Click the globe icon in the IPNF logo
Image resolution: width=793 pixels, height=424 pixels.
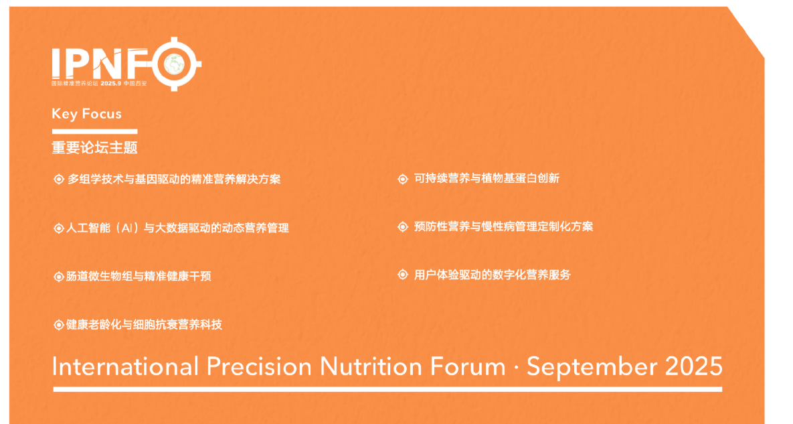click(x=175, y=64)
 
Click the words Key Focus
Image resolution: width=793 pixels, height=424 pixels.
click(x=86, y=114)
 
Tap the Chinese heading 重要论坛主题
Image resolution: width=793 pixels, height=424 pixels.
click(x=94, y=148)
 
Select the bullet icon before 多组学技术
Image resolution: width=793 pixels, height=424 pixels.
click(x=59, y=179)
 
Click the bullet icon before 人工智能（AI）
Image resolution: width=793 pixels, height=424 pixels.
click(x=59, y=228)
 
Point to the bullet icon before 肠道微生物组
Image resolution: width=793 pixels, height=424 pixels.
click(x=59, y=277)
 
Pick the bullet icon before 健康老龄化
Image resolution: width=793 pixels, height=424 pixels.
click(x=59, y=325)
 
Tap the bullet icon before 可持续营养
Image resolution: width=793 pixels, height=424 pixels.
click(x=403, y=179)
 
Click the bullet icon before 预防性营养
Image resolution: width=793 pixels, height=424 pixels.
click(x=403, y=226)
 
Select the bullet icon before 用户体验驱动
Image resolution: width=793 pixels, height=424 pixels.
click(x=403, y=275)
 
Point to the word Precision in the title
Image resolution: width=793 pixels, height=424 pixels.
click(x=259, y=366)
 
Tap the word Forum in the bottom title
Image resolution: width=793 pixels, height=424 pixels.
click(x=468, y=366)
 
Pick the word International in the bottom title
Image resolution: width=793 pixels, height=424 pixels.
click(x=125, y=366)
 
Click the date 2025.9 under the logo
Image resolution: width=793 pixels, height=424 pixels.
click(x=111, y=84)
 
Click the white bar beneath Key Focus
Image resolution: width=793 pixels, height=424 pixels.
click(x=94, y=131)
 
